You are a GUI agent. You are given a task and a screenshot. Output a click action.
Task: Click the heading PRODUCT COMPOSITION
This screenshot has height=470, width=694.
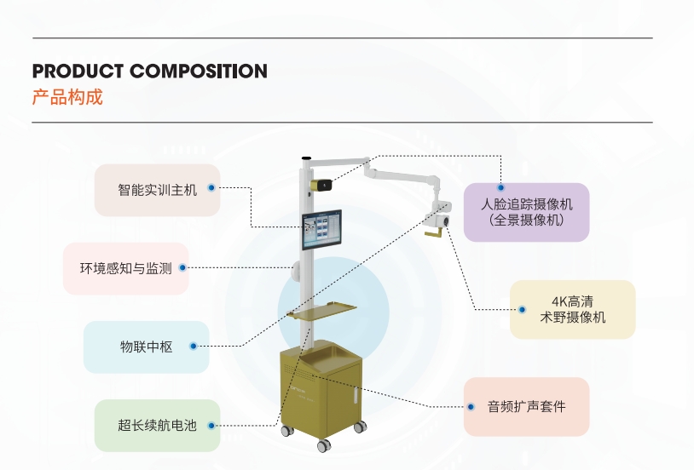[149, 72]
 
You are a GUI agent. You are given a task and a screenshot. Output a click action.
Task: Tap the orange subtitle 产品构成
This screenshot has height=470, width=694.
[67, 97]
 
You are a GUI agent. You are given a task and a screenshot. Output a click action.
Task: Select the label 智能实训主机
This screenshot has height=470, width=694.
[157, 190]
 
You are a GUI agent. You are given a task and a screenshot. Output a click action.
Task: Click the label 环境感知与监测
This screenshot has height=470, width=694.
[125, 268]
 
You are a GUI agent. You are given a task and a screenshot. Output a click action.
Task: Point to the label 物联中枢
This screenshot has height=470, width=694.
[146, 347]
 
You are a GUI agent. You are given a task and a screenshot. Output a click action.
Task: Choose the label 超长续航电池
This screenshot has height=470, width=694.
[157, 426]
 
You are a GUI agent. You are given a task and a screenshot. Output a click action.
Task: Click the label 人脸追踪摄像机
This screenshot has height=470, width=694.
[527, 204]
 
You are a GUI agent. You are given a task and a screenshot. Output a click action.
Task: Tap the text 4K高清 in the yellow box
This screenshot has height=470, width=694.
[572, 301]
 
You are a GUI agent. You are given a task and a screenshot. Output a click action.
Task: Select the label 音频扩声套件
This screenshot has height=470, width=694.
[527, 406]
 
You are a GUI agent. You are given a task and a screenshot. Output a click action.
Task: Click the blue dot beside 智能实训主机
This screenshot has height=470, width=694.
[211, 188]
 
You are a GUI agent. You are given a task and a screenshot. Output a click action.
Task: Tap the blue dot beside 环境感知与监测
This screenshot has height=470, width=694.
[182, 267]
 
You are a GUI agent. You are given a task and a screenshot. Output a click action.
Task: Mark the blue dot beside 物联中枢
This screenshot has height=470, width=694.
[193, 347]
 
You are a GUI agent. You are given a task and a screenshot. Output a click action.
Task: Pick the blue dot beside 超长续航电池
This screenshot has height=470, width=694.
[211, 426]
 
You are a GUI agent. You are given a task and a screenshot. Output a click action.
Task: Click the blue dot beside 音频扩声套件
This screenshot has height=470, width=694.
[471, 407]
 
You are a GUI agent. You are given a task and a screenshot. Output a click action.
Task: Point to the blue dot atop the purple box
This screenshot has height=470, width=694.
[500, 187]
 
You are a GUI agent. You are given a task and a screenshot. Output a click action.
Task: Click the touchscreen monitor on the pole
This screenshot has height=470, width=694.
[321, 230]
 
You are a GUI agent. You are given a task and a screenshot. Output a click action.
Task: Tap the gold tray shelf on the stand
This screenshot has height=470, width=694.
[321, 311]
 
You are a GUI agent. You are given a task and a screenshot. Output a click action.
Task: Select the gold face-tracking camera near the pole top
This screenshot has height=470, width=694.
[321, 186]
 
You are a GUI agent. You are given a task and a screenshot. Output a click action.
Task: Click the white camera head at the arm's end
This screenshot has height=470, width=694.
[438, 217]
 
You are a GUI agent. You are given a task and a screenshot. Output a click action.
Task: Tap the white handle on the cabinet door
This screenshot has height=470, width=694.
[356, 394]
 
